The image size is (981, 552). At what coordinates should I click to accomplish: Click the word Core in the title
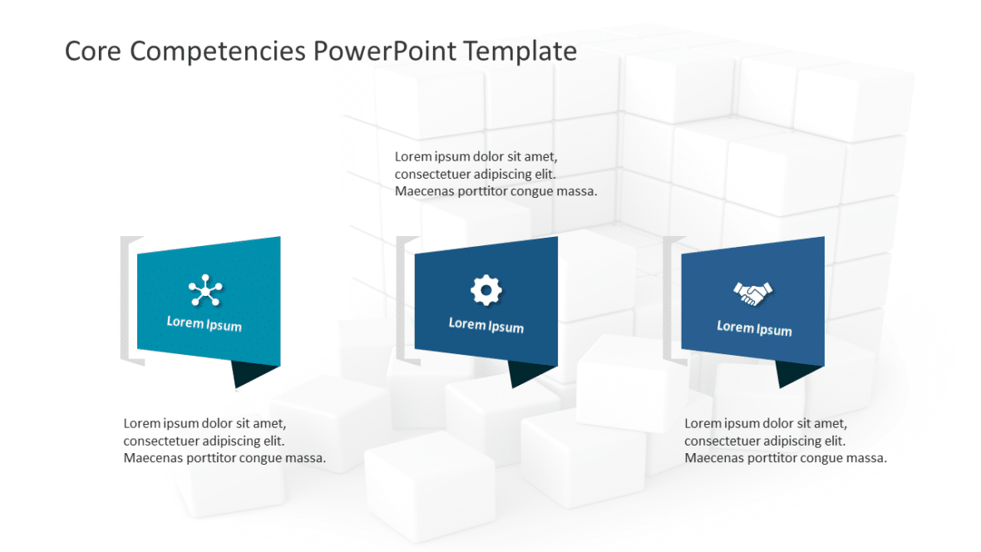(x=91, y=52)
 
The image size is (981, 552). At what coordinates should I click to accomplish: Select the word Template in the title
(x=520, y=52)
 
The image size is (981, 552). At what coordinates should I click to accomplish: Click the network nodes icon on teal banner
(x=205, y=291)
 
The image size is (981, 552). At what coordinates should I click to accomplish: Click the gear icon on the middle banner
(x=486, y=290)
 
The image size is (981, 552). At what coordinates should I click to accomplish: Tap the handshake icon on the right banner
(x=753, y=293)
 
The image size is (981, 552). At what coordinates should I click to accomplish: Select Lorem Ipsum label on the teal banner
(x=205, y=323)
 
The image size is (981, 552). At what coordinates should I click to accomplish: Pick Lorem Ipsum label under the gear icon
(x=486, y=325)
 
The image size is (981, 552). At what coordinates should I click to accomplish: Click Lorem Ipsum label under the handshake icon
(x=754, y=328)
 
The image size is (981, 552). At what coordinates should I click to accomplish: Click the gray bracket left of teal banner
(x=126, y=299)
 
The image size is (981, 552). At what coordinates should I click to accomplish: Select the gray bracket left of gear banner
(x=402, y=299)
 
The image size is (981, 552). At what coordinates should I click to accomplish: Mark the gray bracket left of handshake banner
(x=669, y=299)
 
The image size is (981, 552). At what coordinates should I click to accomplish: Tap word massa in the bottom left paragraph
(x=307, y=458)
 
